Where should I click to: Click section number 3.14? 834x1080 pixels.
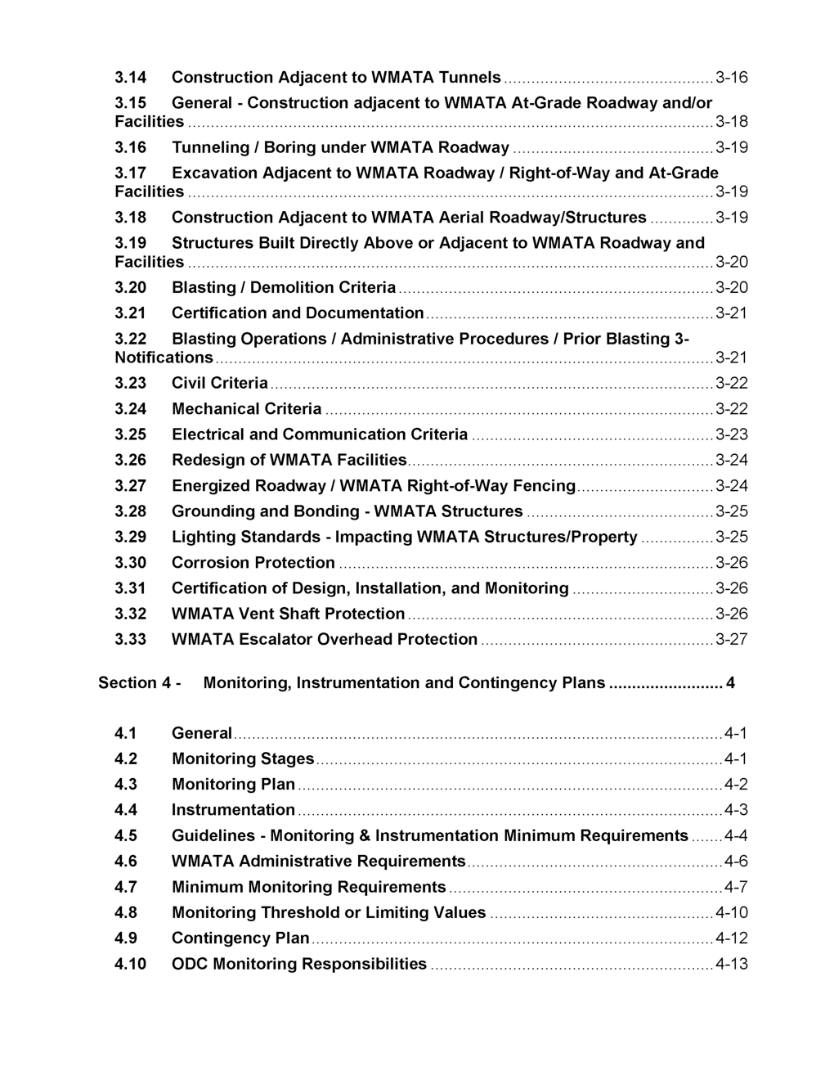coord(130,78)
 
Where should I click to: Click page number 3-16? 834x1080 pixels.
coord(731,78)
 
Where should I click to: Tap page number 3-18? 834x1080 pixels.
coord(731,122)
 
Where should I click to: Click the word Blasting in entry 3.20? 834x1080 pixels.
coord(204,288)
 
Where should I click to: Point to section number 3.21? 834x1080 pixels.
coord(130,313)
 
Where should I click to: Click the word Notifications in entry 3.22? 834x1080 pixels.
coord(164,358)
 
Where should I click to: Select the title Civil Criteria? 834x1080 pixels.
coord(219,383)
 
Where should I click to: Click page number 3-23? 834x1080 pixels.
coord(731,434)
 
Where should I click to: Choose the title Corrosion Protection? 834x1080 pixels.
coord(253,563)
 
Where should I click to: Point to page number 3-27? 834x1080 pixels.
coord(731,640)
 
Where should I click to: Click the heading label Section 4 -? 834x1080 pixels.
coord(139,683)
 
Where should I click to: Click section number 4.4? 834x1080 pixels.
coord(126,810)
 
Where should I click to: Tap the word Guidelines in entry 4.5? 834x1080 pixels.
coord(213,836)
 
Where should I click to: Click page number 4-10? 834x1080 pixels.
coord(731,913)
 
